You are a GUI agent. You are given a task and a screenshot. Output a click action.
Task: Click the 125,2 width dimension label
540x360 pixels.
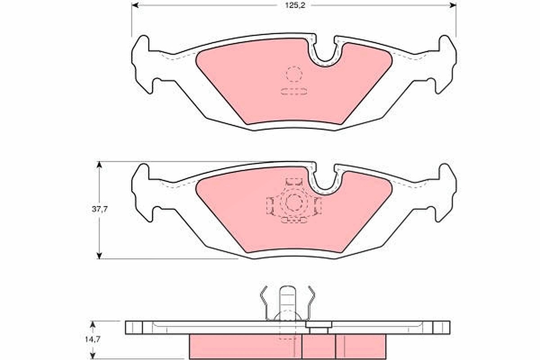click(x=295, y=5)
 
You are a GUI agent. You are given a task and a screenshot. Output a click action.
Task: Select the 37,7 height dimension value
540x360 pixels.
click(x=99, y=209)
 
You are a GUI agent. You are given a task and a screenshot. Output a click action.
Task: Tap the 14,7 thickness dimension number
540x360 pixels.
click(x=92, y=339)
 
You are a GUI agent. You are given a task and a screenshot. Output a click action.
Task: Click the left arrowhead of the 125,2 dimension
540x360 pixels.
click(x=135, y=5)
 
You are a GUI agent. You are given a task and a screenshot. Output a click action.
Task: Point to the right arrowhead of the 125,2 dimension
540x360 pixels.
click(x=453, y=5)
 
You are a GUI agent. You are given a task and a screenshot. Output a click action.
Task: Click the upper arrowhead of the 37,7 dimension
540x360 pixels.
click(x=99, y=165)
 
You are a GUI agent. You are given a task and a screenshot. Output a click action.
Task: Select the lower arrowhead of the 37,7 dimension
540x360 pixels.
click(x=99, y=256)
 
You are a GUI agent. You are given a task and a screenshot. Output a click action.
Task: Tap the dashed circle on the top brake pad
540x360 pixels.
click(x=294, y=74)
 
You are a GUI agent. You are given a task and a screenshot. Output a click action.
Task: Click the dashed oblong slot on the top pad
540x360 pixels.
click(x=294, y=91)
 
